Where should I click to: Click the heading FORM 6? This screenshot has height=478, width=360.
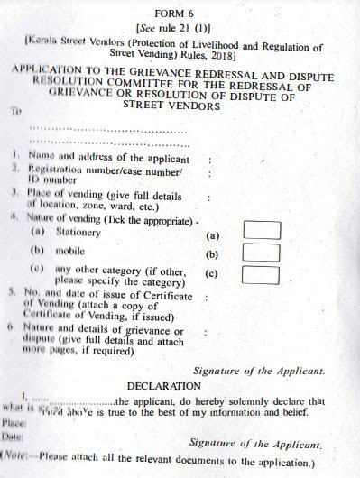(x=179, y=14)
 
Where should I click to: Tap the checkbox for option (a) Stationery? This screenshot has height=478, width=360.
(x=261, y=230)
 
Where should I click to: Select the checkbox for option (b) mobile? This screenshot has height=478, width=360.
(x=261, y=252)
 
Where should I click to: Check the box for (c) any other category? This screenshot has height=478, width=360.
(x=261, y=275)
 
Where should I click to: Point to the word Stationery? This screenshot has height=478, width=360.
(x=78, y=233)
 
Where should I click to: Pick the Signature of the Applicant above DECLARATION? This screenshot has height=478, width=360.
(x=259, y=370)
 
